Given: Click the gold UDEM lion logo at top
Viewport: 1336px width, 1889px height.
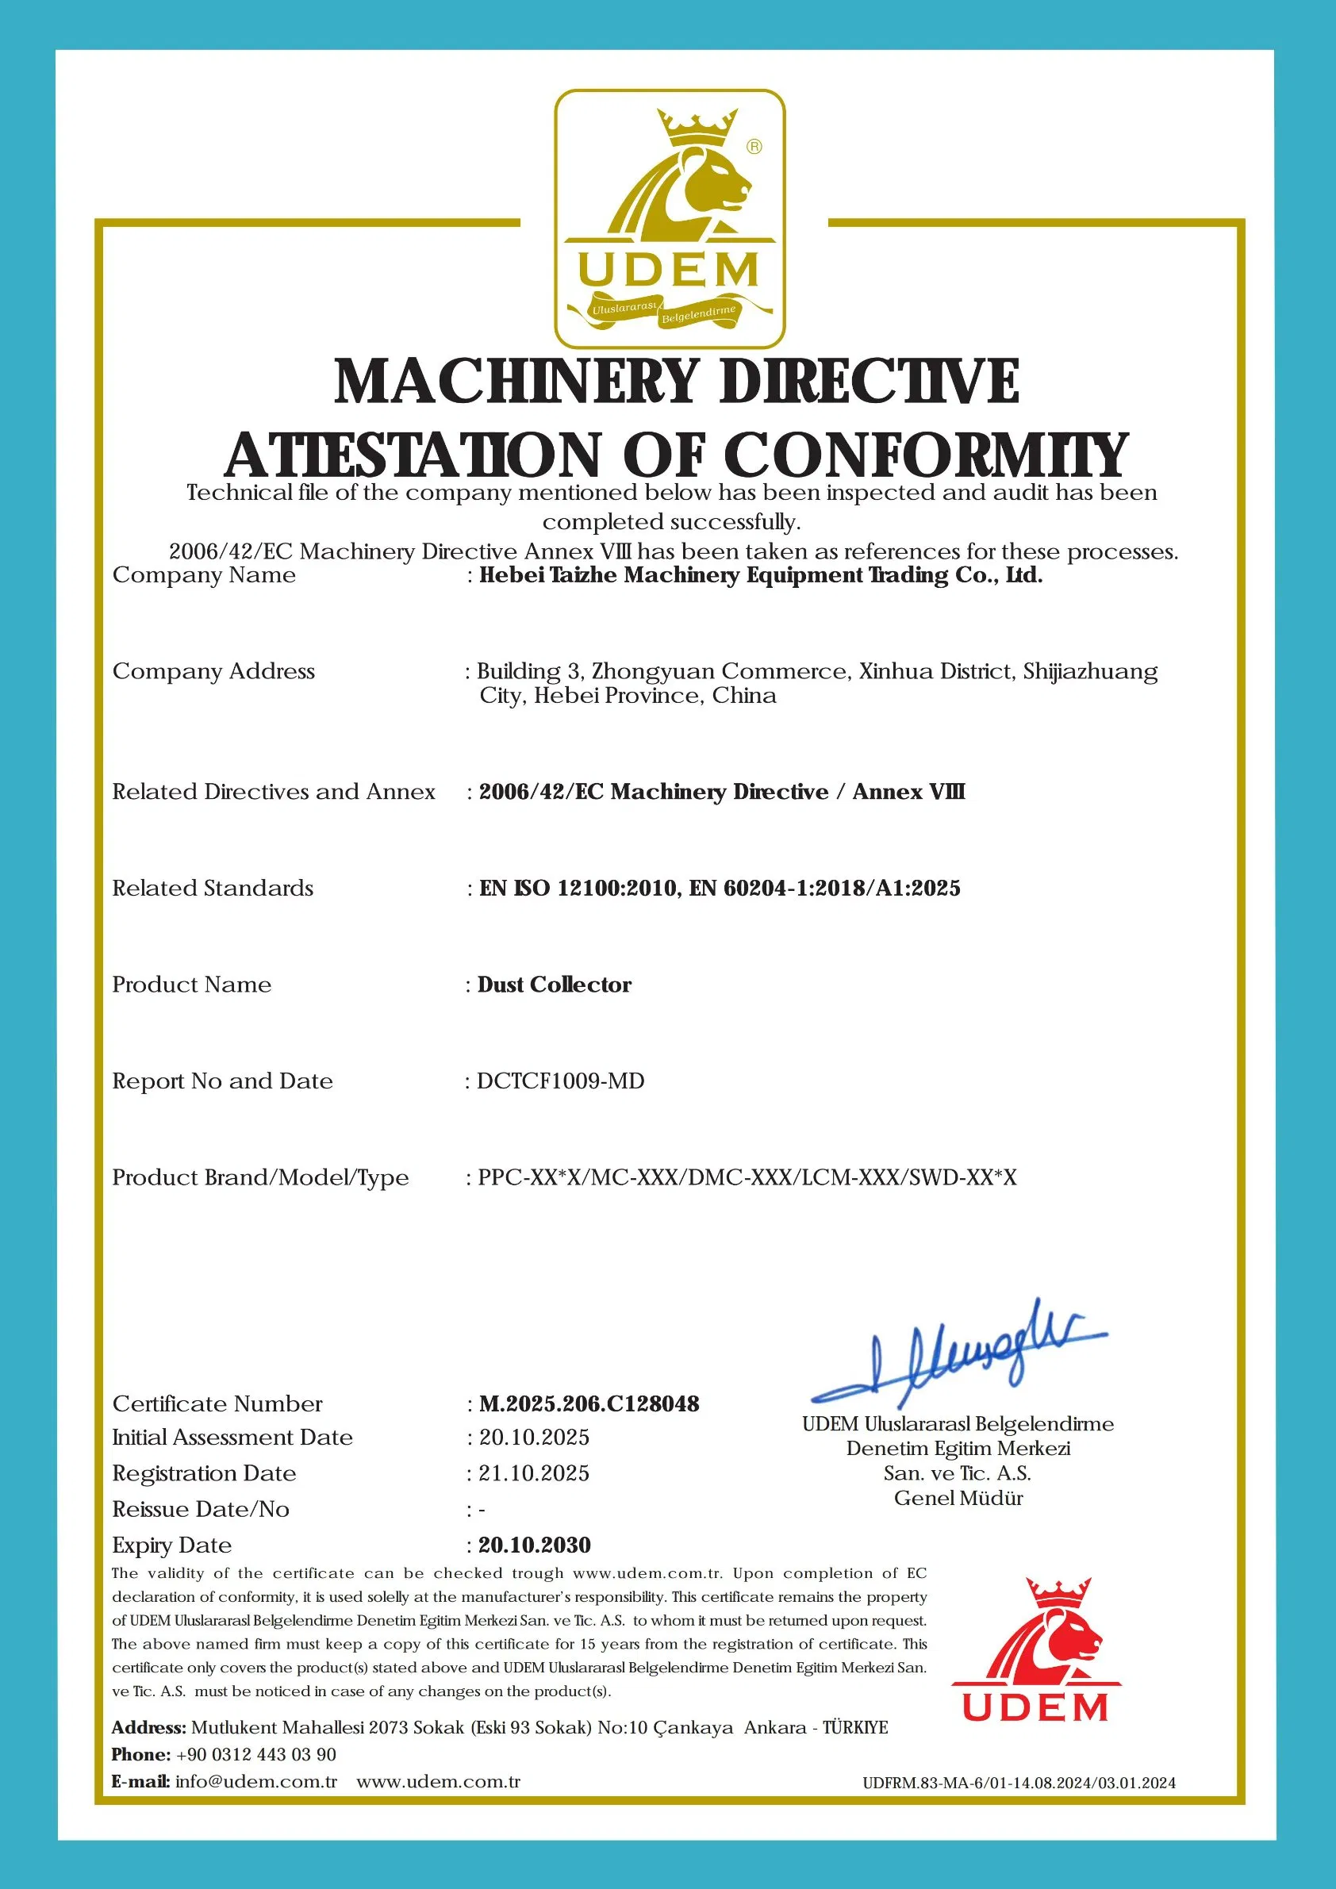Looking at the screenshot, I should tap(669, 218).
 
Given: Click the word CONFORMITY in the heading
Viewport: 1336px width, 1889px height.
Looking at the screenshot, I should tap(926, 456).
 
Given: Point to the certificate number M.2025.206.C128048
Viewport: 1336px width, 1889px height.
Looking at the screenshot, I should tap(589, 1404).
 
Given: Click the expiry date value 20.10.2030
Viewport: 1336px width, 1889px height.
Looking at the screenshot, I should tap(535, 1545).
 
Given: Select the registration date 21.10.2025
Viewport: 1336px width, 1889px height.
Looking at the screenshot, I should tap(534, 1473).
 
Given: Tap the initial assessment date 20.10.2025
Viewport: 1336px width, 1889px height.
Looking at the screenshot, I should tap(534, 1438).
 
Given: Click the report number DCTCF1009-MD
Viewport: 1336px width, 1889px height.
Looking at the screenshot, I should tap(560, 1081).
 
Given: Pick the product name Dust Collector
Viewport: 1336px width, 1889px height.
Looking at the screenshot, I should tap(555, 985).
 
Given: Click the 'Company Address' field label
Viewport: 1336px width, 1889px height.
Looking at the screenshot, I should tap(213, 671).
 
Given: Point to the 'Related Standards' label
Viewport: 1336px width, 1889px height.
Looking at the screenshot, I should tap(213, 889).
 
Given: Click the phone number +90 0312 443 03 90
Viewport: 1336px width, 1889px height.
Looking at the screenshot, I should tap(255, 1754).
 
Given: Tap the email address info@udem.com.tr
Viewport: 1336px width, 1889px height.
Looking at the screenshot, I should tap(255, 1782).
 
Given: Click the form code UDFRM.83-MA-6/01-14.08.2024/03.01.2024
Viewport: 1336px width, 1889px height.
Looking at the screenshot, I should tap(1019, 1783).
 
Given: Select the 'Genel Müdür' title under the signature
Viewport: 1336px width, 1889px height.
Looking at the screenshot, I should tap(958, 1498).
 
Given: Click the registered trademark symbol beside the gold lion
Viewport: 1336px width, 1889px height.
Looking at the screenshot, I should tap(754, 148).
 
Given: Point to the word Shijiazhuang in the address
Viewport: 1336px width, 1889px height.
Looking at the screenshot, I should tap(1090, 671).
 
